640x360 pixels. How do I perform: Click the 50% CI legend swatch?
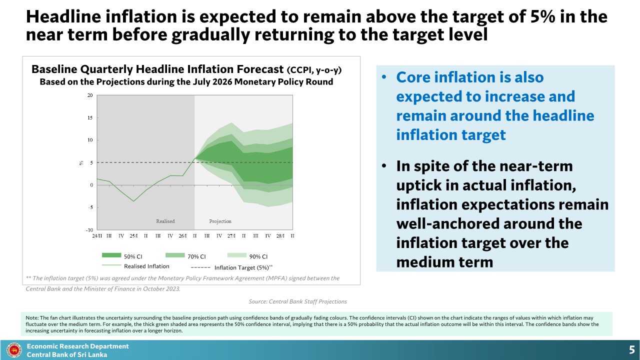pyautogui.click(x=111, y=255)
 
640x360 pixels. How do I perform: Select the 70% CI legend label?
pyautogui.click(x=196, y=256)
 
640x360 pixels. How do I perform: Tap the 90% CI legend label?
pyautogui.click(x=258, y=256)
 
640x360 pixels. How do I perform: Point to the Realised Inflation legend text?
pyautogui.click(x=146, y=266)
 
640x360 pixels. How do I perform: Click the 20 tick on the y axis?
pyautogui.click(x=90, y=95)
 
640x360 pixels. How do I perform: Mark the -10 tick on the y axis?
pyautogui.click(x=89, y=230)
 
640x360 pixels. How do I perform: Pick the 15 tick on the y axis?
pyautogui.click(x=90, y=117)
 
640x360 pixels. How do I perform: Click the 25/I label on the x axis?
pyautogui.click(x=133, y=235)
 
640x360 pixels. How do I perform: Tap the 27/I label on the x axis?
pyautogui.click(x=231, y=235)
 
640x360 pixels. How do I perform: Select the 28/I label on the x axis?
pyautogui.click(x=280, y=235)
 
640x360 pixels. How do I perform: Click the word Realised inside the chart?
pyautogui.click(x=165, y=221)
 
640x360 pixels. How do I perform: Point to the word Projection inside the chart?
pyautogui.click(x=220, y=221)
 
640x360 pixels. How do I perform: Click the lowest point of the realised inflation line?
pyautogui.click(x=133, y=201)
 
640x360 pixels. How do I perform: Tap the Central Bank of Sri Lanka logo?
pyautogui.click(x=14, y=350)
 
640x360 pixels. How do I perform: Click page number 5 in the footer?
pyautogui.click(x=631, y=350)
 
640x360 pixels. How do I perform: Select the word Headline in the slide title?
pyautogui.click(x=63, y=16)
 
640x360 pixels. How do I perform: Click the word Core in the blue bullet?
pyautogui.click(x=413, y=77)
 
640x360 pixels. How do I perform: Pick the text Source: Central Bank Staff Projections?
pyautogui.click(x=297, y=301)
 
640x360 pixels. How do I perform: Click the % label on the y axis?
pyautogui.click(x=81, y=163)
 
